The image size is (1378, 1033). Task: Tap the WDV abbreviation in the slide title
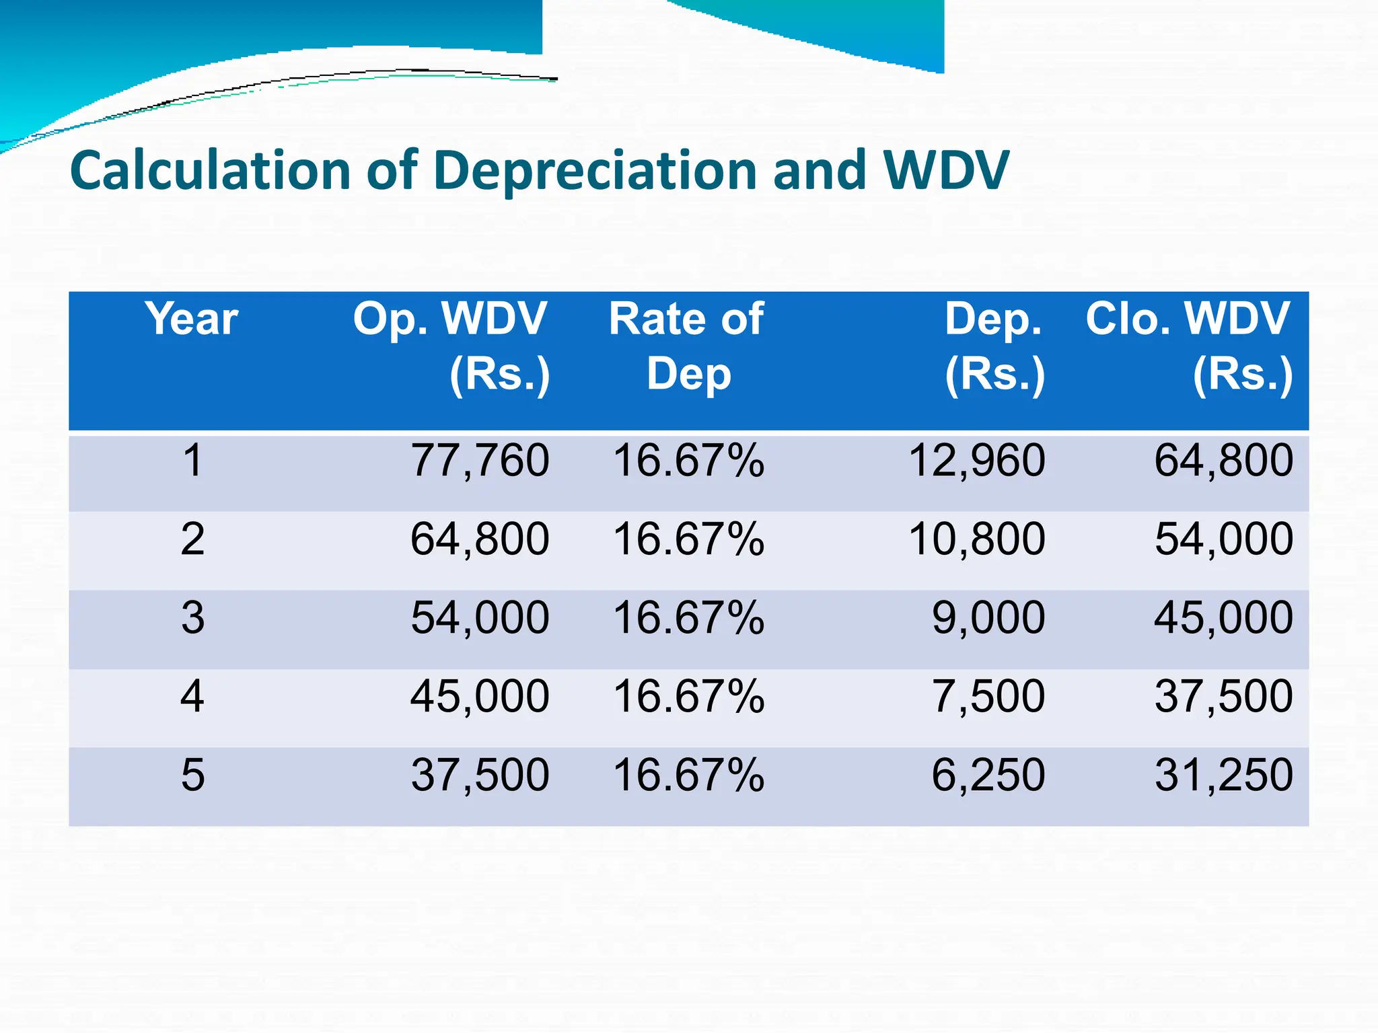[945, 170]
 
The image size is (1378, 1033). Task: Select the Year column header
[192, 319]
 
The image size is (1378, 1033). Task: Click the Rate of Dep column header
[687, 346]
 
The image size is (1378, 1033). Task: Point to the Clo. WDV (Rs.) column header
[1188, 346]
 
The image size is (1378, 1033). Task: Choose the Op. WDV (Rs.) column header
[451, 346]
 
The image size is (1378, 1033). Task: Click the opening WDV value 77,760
[480, 461]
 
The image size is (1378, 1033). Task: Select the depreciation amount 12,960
[976, 461]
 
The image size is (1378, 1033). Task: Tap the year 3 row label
[192, 617]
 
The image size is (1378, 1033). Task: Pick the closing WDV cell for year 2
[1223, 539]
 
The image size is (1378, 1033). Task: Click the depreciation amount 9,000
[988, 617]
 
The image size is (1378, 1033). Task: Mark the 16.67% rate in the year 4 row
[688, 696]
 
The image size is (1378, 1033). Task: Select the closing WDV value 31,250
[1223, 775]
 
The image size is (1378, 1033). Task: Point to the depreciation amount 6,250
[988, 775]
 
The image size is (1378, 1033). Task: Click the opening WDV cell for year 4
[480, 696]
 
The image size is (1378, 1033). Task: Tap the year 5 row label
[192, 775]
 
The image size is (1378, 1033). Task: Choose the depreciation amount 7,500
[988, 696]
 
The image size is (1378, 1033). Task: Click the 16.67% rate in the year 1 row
[688, 461]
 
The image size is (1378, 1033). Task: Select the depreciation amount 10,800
[976, 539]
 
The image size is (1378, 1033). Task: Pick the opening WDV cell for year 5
[480, 775]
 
